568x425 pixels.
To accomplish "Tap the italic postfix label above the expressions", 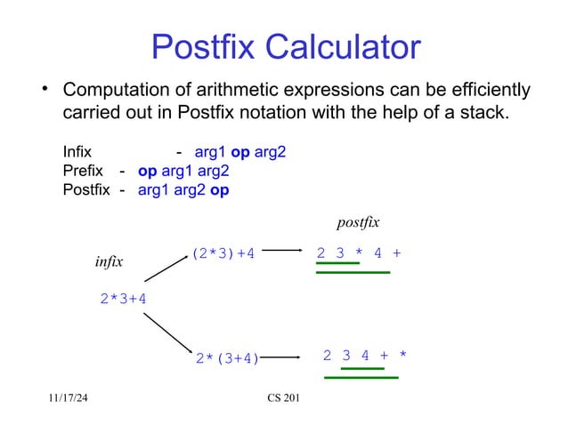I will pyautogui.click(x=357, y=221).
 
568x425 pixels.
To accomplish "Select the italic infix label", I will pyautogui.click(x=109, y=262).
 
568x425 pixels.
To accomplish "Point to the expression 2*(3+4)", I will pyautogui.click(x=227, y=359).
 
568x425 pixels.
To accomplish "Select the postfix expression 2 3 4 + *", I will pyautogui.click(x=364, y=356).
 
